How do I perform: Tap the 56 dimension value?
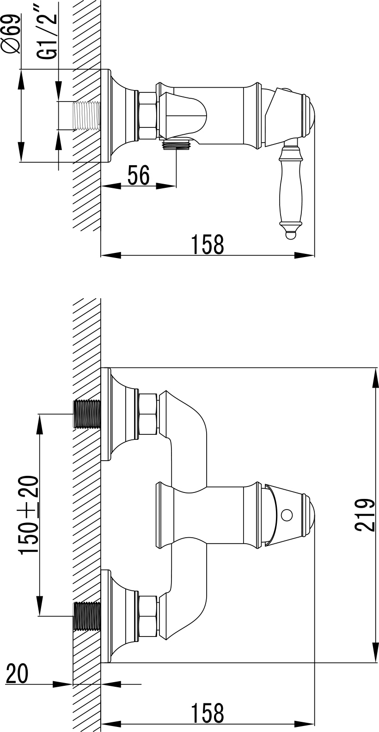click(x=138, y=175)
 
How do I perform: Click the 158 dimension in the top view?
click(x=208, y=244)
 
